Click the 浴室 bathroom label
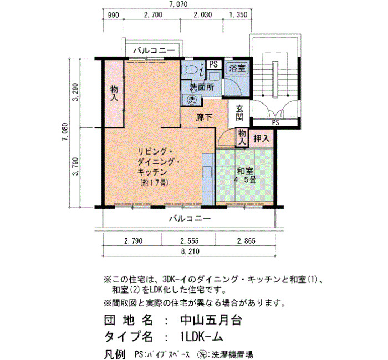[x=237, y=68]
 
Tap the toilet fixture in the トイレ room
[x=190, y=69]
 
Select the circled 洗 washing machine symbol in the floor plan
[x=192, y=100]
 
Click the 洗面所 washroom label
[x=202, y=87]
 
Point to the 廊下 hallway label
[x=204, y=117]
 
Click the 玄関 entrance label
[x=239, y=112]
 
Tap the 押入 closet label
[x=262, y=138]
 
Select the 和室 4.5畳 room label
[x=245, y=176]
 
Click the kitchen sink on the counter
[x=207, y=172]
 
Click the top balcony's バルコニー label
[x=154, y=51]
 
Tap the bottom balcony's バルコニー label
[x=190, y=219]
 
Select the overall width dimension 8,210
[x=190, y=251]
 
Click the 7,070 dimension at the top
[x=178, y=4]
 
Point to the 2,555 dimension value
[x=190, y=240]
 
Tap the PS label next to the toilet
[x=213, y=64]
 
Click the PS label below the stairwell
[x=275, y=122]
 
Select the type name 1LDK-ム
[x=202, y=337]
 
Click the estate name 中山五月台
[x=211, y=320]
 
